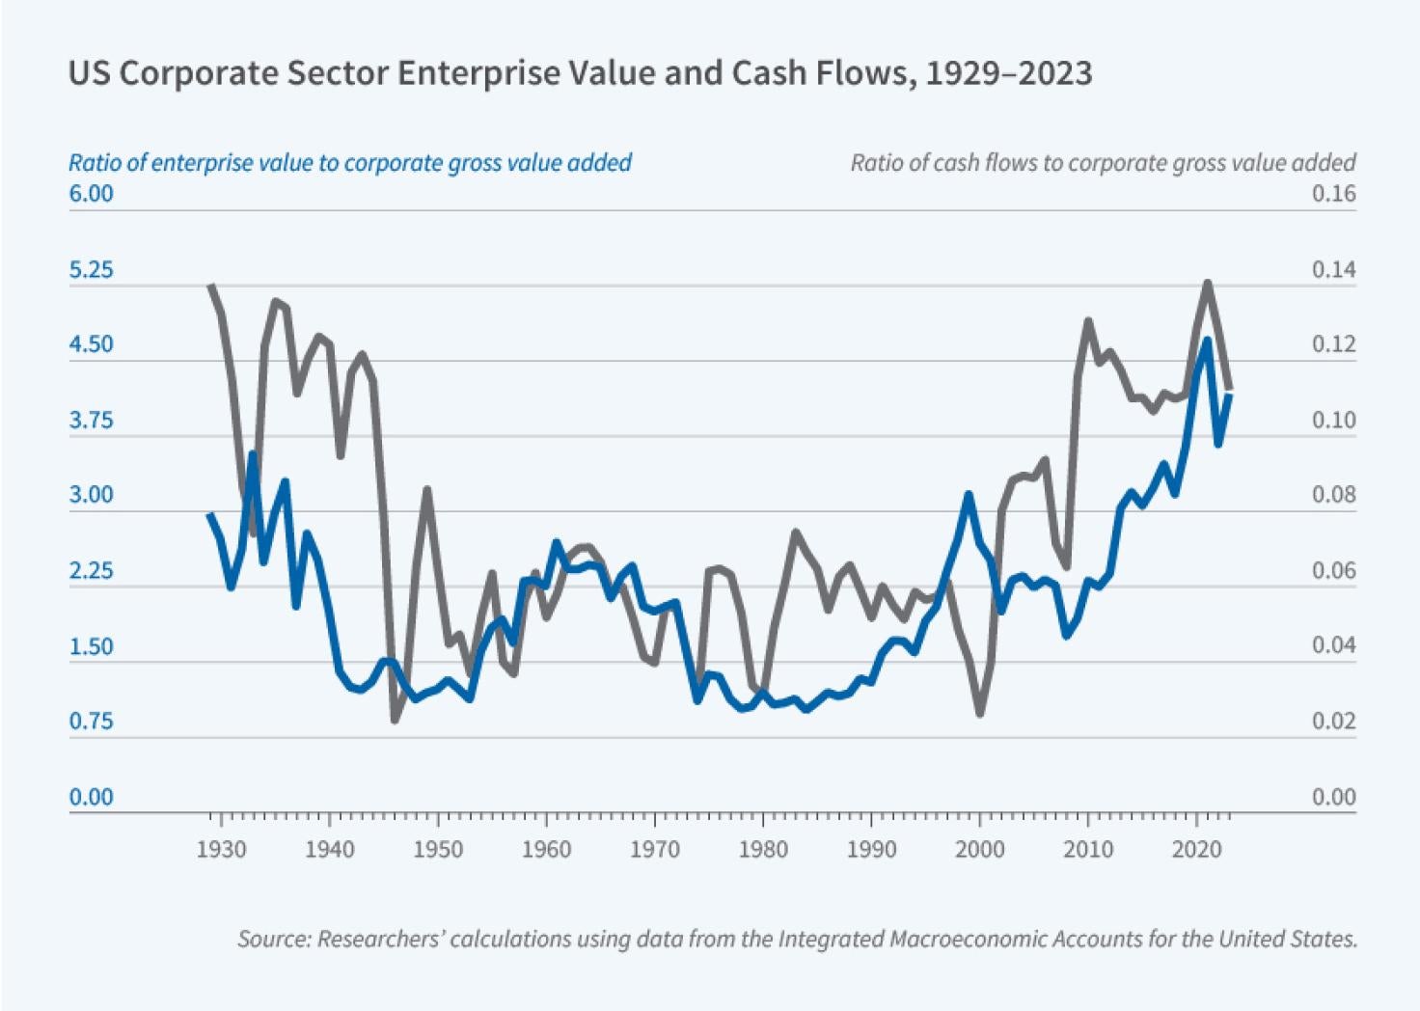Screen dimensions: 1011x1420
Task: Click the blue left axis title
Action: pos(349,162)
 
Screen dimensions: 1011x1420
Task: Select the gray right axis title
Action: pos(1103,162)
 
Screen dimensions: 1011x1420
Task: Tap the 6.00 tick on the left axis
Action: pos(91,194)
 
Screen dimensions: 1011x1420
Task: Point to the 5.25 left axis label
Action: pos(91,270)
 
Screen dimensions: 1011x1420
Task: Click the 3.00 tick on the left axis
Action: pos(91,496)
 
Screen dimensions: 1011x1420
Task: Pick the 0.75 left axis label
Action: pos(91,722)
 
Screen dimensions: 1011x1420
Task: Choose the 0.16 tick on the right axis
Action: pos(1333,194)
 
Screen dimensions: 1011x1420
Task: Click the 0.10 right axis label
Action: pos(1333,421)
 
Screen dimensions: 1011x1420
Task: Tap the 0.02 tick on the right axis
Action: pos(1333,722)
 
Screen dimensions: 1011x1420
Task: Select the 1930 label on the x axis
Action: pos(221,850)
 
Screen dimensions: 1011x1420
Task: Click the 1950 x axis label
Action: pos(438,850)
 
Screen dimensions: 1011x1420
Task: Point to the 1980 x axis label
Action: pos(763,850)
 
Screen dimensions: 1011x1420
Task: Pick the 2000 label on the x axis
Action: pos(980,850)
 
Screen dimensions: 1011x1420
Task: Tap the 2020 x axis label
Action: pos(1197,850)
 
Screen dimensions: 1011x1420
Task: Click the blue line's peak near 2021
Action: pos(1207,341)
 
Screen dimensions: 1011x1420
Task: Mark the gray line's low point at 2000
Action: pos(980,713)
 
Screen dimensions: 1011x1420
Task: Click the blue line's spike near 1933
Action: pos(253,453)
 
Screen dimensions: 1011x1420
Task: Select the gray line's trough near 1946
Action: pos(395,720)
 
